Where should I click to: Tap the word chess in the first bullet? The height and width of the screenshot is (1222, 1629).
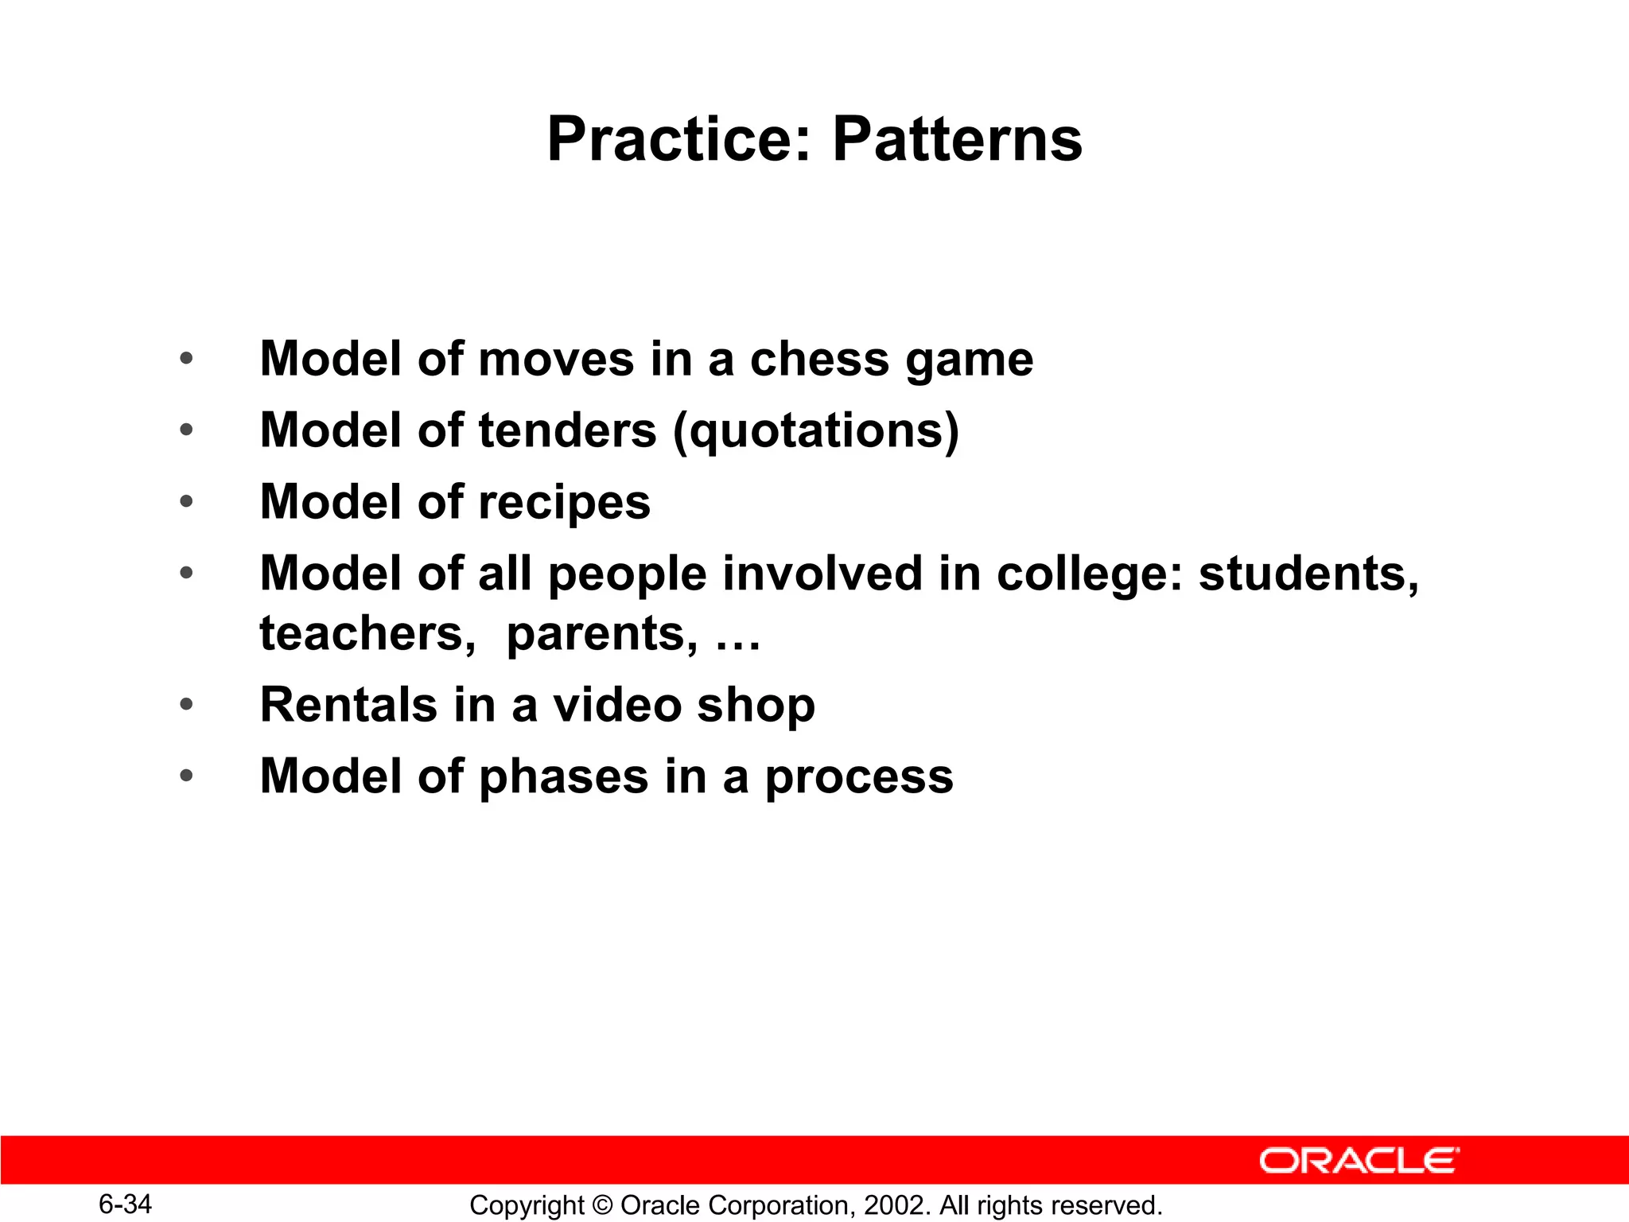point(818,359)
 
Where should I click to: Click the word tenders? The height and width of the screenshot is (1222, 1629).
point(568,430)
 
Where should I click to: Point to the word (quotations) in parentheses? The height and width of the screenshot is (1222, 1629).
point(816,432)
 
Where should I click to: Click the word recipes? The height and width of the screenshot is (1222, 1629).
point(565,504)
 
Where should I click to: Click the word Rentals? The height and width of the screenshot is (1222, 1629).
point(348,705)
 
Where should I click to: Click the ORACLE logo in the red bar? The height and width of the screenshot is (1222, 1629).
point(1359,1161)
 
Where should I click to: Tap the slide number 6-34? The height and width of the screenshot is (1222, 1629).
point(125,1204)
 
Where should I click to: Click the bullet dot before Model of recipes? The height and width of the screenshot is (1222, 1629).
point(186,502)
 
